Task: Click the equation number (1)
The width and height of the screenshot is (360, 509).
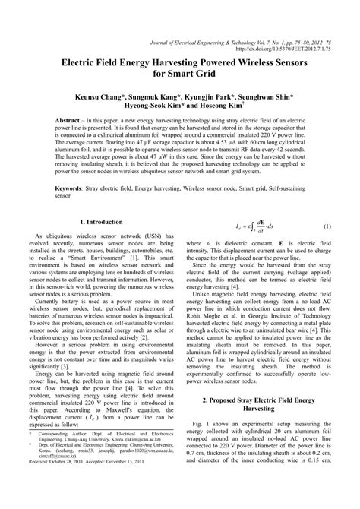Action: (327, 227)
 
